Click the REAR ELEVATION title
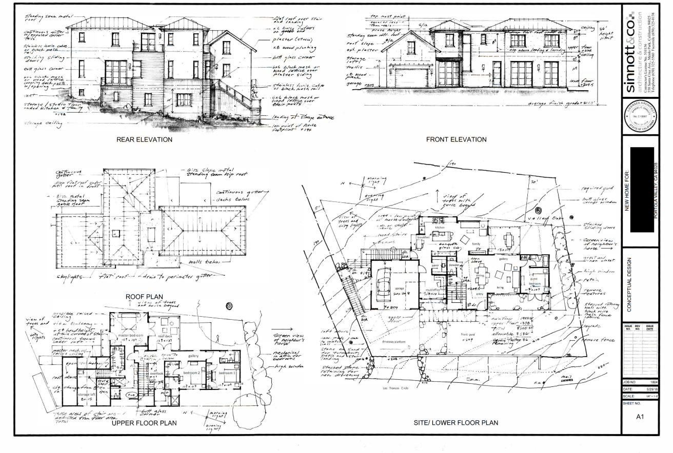(x=144, y=139)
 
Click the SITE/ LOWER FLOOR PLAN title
(x=456, y=423)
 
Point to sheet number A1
(x=640, y=418)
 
